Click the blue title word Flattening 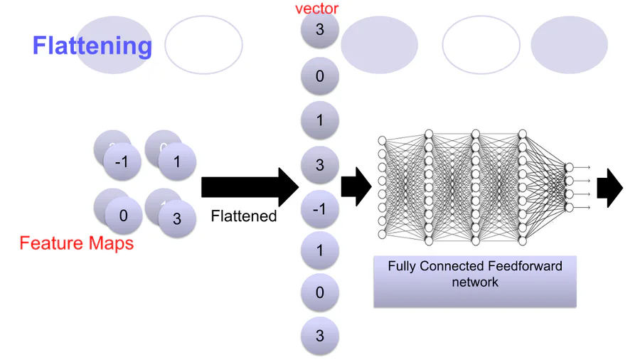[92, 46]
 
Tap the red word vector [317, 9]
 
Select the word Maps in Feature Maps [110, 243]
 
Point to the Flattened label [244, 216]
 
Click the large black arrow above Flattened [249, 188]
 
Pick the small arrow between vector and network [356, 188]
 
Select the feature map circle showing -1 [122, 162]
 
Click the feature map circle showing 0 [124, 215]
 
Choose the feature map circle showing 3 [176, 219]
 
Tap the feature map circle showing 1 [176, 162]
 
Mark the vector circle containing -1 [319, 208]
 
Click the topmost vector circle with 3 [319, 31]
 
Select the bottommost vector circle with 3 [319, 336]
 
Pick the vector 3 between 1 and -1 [319, 165]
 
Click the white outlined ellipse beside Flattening [204, 45]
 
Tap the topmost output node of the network [568, 167]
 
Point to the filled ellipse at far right [569, 45]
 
